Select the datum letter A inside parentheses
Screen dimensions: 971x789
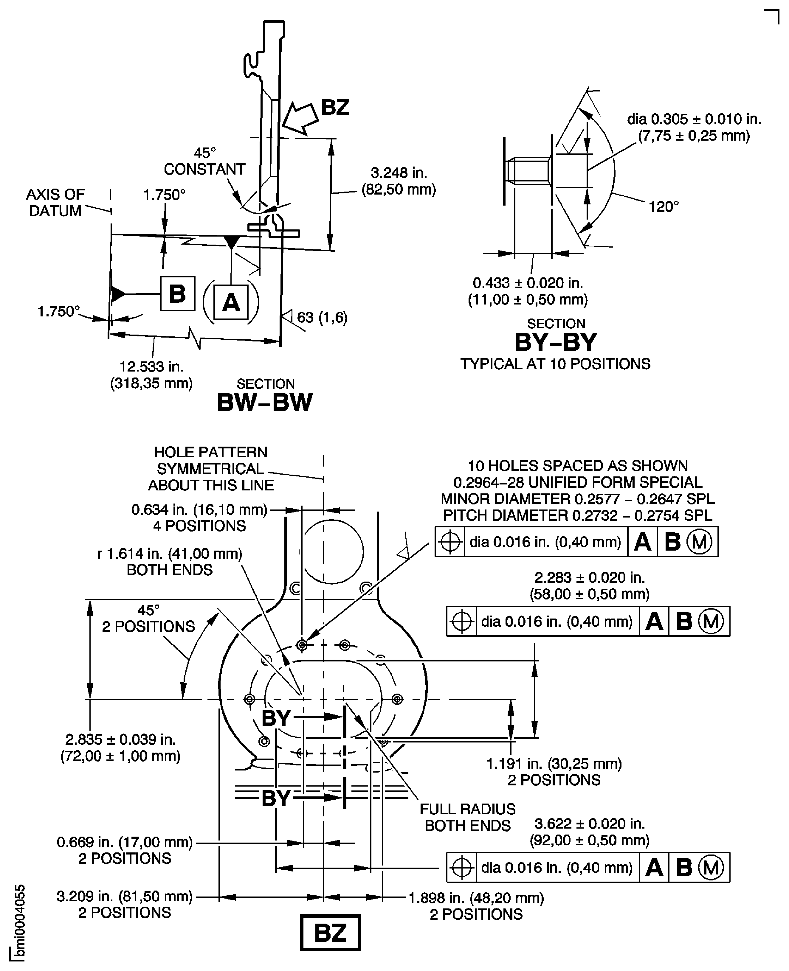click(x=231, y=302)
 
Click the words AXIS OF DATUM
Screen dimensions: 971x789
click(x=55, y=203)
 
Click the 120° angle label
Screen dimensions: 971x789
click(x=663, y=207)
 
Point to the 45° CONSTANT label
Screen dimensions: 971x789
click(x=204, y=161)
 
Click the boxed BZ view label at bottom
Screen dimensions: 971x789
click(x=330, y=933)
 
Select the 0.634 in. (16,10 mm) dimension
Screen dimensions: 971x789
click(x=199, y=510)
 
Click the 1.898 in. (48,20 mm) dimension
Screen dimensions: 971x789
click(x=476, y=898)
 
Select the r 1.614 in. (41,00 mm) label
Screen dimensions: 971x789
click(x=170, y=554)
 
